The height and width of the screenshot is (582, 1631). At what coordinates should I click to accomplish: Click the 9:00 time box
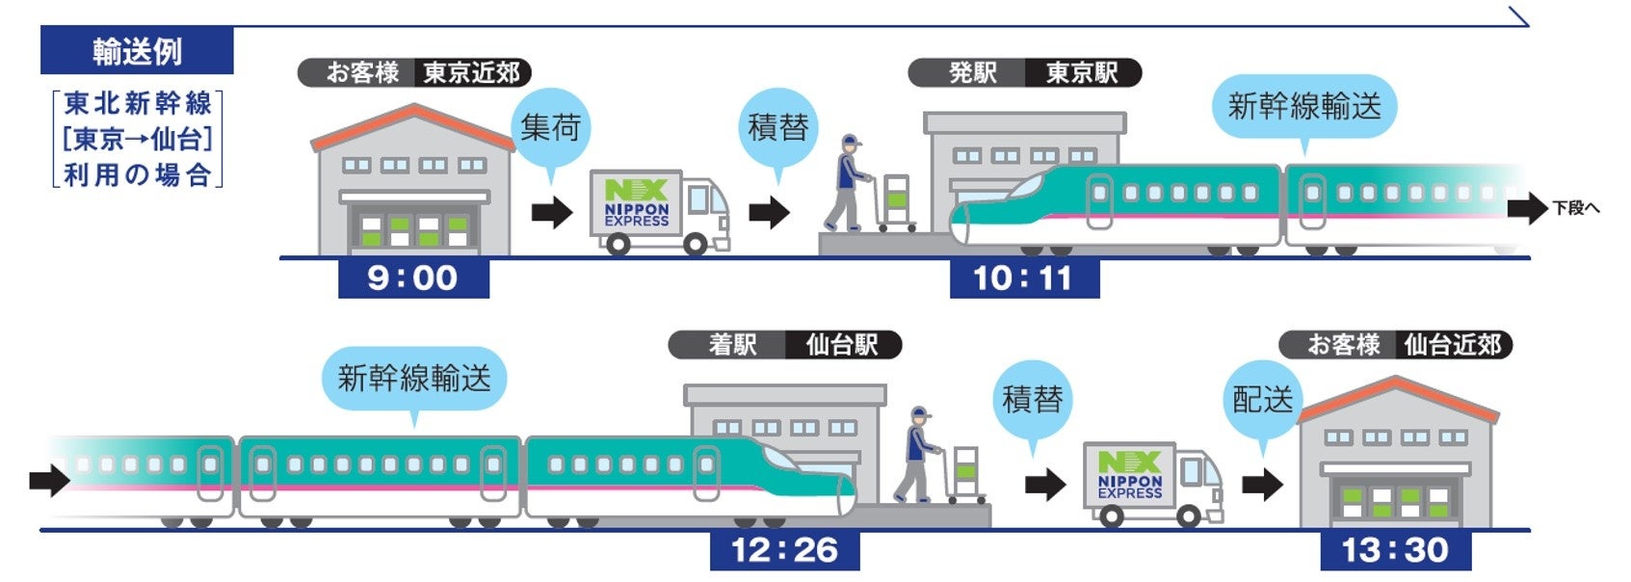pos(413,278)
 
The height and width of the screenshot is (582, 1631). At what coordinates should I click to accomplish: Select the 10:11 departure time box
pos(1023,278)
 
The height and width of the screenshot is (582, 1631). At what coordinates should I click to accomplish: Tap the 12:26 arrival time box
pos(784,550)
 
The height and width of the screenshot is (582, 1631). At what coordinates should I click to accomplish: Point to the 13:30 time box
pos(1395,550)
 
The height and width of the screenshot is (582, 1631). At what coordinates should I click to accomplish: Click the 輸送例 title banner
pos(137,51)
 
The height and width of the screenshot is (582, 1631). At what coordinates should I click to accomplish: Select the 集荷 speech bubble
pos(550,127)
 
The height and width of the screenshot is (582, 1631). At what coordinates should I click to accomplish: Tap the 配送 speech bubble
pos(1263,399)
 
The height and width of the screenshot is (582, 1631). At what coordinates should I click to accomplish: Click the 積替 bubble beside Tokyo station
pos(777,126)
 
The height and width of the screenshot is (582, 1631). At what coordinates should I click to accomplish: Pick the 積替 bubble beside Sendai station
pos(1033,399)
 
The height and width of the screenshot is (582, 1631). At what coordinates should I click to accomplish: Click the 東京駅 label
pos(1082,73)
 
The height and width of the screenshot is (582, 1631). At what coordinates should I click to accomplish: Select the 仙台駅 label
pos(842,345)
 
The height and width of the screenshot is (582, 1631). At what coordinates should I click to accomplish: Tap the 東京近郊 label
pos(472,73)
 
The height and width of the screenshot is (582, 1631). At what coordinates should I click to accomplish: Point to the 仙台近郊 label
pos(1453,345)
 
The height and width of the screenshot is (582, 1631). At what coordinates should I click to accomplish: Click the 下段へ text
pos(1576,208)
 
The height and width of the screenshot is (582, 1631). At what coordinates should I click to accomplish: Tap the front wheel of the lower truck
pos(1189,516)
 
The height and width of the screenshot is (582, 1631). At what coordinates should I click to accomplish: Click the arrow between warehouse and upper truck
pos(552,212)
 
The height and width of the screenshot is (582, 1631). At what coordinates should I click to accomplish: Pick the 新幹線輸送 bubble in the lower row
pos(414,378)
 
